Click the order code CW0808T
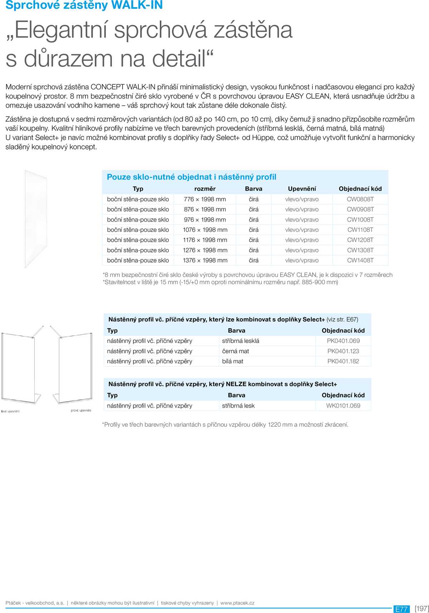(x=360, y=199)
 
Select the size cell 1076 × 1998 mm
(x=205, y=230)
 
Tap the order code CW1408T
(x=360, y=260)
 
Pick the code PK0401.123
(x=343, y=351)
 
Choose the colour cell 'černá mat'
(x=236, y=351)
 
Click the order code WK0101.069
(x=343, y=406)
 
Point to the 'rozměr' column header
(x=205, y=189)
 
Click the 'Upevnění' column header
(x=302, y=189)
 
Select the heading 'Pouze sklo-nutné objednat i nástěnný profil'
(x=192, y=177)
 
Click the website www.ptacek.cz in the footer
(x=237, y=603)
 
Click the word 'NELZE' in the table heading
(x=236, y=384)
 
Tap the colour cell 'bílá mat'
(x=233, y=361)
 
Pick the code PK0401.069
(x=343, y=341)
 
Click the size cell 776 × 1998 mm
(x=205, y=199)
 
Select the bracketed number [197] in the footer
(x=421, y=609)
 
